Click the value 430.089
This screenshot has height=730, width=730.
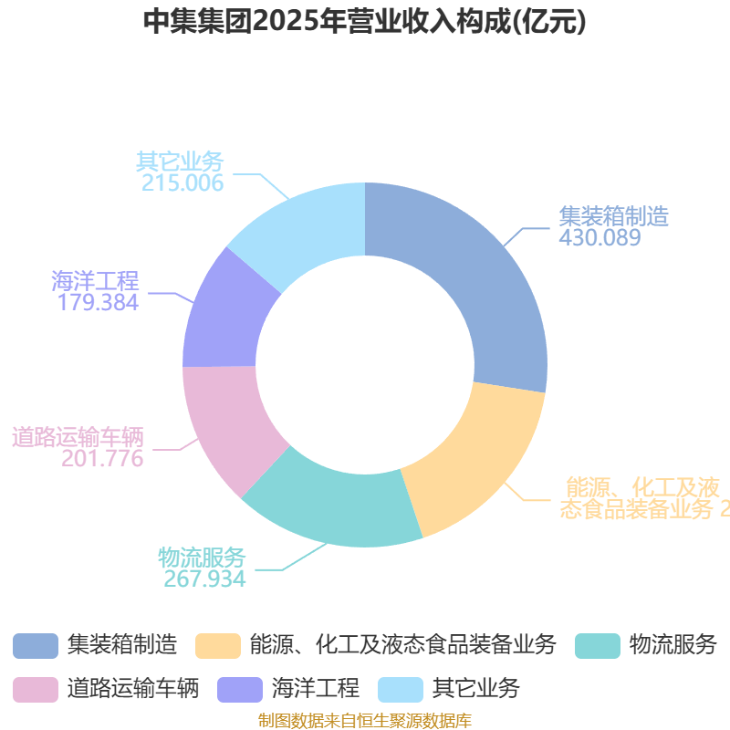coord(600,238)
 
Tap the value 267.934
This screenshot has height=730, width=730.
coord(204,579)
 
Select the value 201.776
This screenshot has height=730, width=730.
coord(102,458)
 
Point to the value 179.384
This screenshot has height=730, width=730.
coord(98,302)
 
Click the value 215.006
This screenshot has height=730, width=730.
coord(182,182)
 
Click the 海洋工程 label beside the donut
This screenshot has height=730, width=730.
coord(95,280)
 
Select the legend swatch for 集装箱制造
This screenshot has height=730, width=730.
coord(35,645)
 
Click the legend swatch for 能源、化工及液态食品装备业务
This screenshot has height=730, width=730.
coord(217,645)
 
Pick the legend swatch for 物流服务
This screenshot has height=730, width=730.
coord(598,645)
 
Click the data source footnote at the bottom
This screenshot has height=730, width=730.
coord(365,721)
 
